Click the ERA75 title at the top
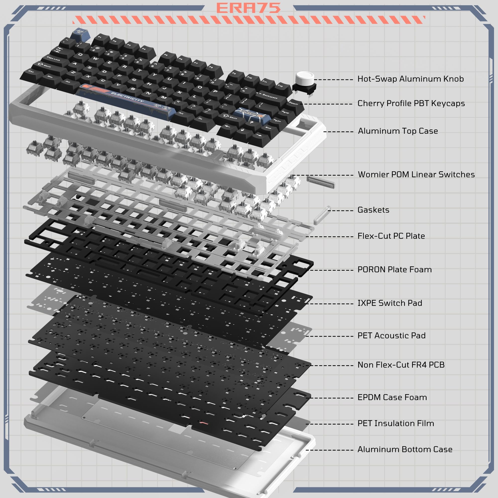248,8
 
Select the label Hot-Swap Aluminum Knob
410,79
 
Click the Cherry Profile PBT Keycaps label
411,103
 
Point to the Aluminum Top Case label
398,131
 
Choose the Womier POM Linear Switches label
416,175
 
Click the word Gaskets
373,210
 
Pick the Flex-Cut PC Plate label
391,236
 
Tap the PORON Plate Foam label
394,270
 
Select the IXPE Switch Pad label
390,303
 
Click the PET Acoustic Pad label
391,336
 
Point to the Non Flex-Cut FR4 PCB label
401,365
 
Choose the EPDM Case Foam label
392,397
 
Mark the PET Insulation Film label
396,423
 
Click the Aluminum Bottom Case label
405,449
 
